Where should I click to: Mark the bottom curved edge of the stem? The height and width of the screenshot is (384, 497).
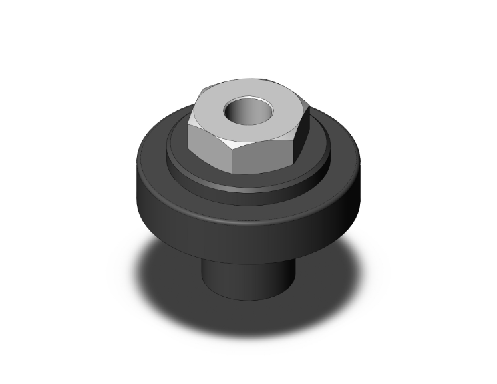tap(247, 300)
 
